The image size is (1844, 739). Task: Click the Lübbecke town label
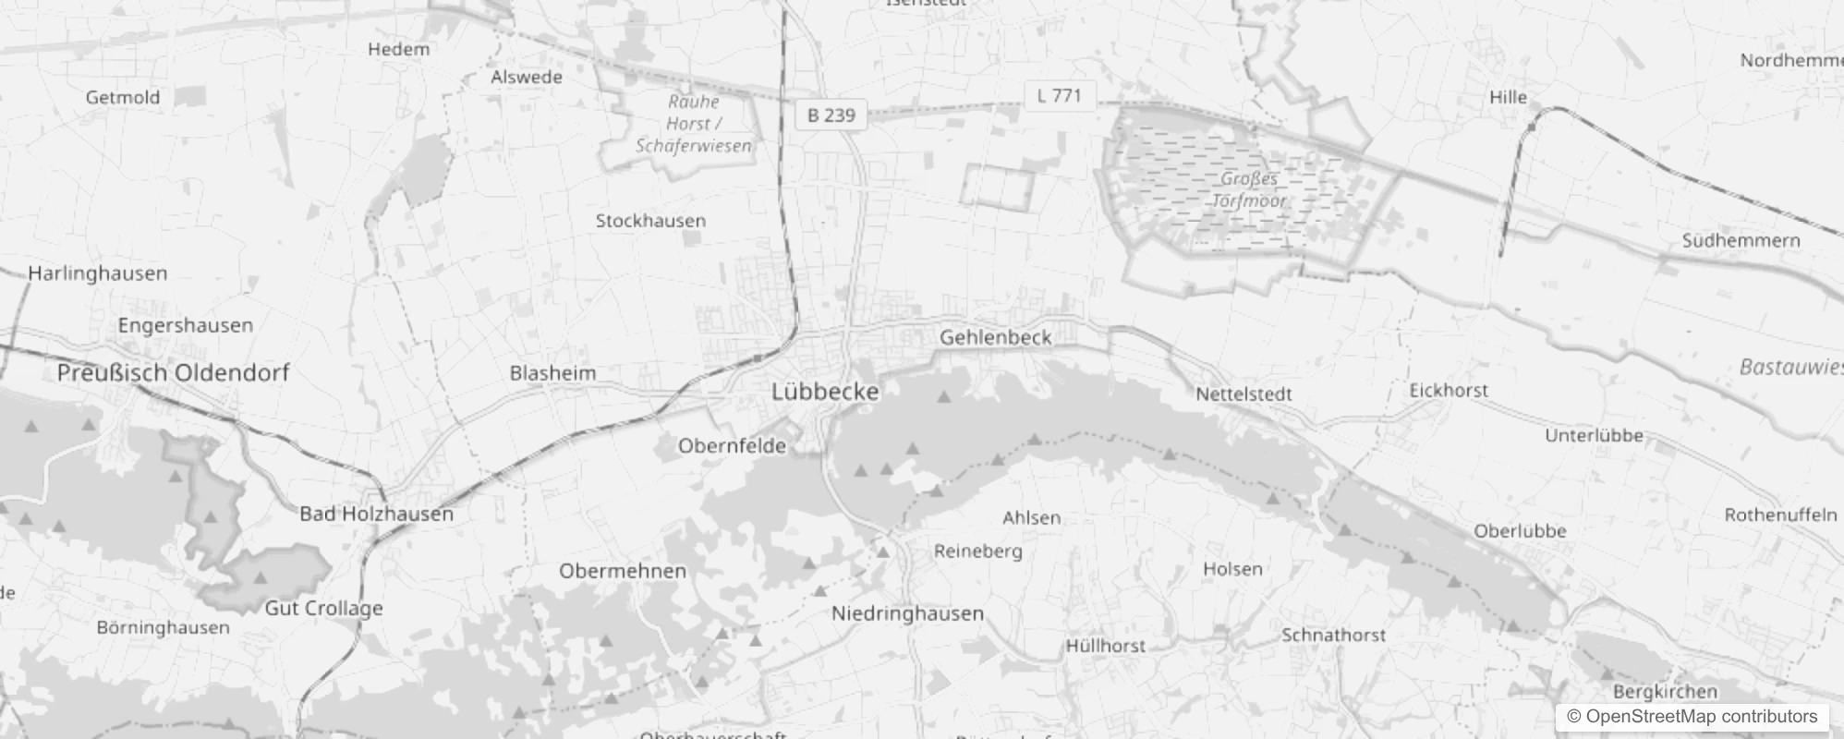[x=825, y=392]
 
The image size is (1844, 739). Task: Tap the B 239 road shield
[x=831, y=115]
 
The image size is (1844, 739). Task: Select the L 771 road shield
[x=1059, y=95]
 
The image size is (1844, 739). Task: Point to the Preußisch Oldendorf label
[x=173, y=373]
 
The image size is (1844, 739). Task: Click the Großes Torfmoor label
[x=1249, y=189]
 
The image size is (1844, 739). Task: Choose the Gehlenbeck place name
[x=995, y=338]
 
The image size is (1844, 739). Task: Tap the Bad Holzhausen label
[x=376, y=515]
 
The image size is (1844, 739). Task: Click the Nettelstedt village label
[x=1243, y=394]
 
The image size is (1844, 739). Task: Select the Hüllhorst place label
[x=1105, y=647]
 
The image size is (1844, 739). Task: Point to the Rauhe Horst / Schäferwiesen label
[x=693, y=124]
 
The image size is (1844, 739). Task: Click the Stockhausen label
[x=650, y=221]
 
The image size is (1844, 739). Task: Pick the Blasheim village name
[x=552, y=374]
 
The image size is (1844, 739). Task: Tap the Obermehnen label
[x=622, y=571]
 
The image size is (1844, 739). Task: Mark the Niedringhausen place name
[x=907, y=613]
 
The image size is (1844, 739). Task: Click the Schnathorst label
[x=1333, y=636]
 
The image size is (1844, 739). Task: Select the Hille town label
[x=1508, y=98]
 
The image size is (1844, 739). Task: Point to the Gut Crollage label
[x=323, y=609]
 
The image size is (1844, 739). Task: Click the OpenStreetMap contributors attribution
[x=1692, y=717]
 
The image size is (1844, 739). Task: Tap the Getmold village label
[x=123, y=98]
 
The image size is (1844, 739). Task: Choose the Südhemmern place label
[x=1741, y=241]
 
